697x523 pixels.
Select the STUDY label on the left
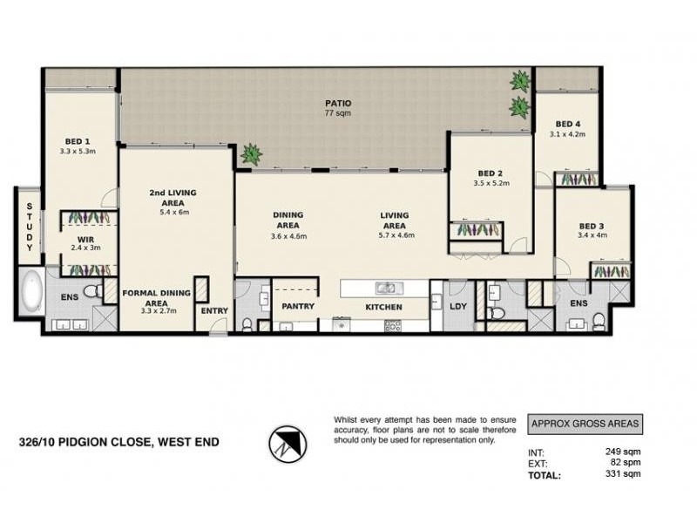pyautogui.click(x=29, y=228)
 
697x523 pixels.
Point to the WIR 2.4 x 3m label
pyautogui.click(x=85, y=242)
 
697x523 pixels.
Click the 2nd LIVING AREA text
pyautogui.click(x=169, y=198)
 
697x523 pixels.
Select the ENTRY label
pyautogui.click(x=214, y=311)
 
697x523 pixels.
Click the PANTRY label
pyautogui.click(x=297, y=307)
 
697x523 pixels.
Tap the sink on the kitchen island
pyautogui.click(x=384, y=288)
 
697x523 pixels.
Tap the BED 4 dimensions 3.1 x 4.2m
pyautogui.click(x=567, y=135)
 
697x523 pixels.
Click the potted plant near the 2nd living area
pyautogui.click(x=252, y=154)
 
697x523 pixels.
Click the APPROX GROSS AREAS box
pyautogui.click(x=585, y=425)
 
